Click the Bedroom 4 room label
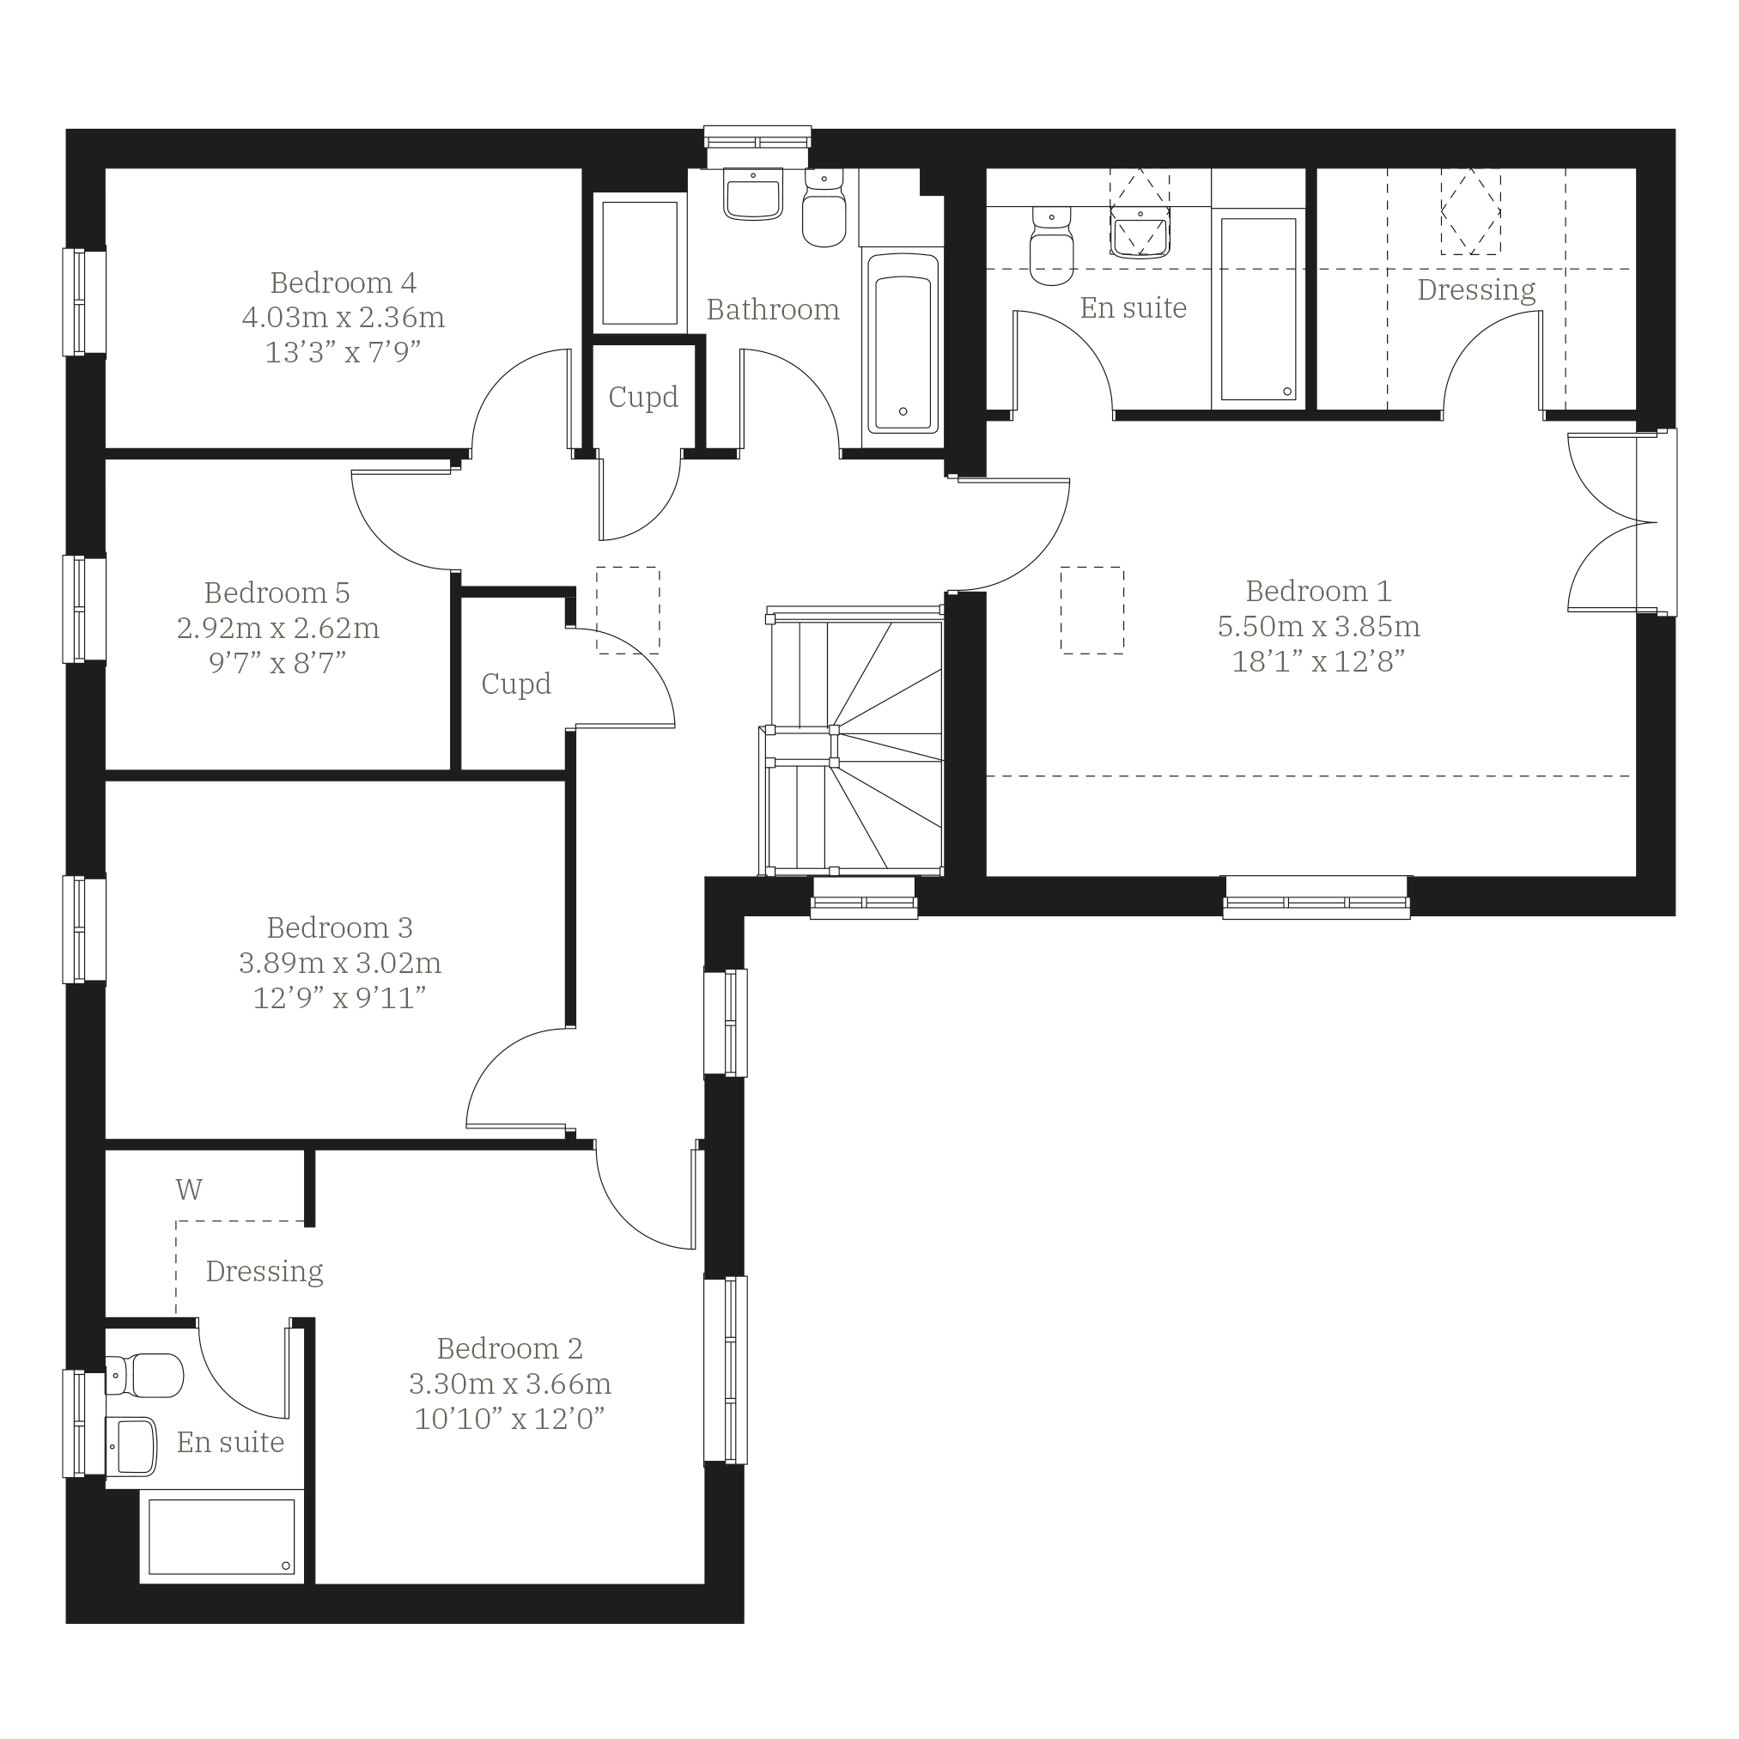[x=343, y=283]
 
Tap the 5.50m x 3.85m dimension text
[x=1319, y=625]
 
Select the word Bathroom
[x=772, y=310]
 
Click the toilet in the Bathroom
[x=824, y=209]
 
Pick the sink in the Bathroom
[x=753, y=194]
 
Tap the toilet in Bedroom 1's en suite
[x=1051, y=245]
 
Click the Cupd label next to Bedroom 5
[x=516, y=684]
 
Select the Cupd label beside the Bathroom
[x=642, y=397]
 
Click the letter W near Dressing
[x=189, y=1190]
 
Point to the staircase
[x=853, y=741]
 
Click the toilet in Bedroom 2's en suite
[x=144, y=1376]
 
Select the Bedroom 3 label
[x=339, y=928]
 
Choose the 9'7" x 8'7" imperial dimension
[x=277, y=663]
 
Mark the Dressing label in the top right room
[x=1476, y=290]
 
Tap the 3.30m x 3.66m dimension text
[x=509, y=1383]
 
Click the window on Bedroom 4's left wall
[x=83, y=301]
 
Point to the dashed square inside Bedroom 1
[x=1091, y=611]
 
